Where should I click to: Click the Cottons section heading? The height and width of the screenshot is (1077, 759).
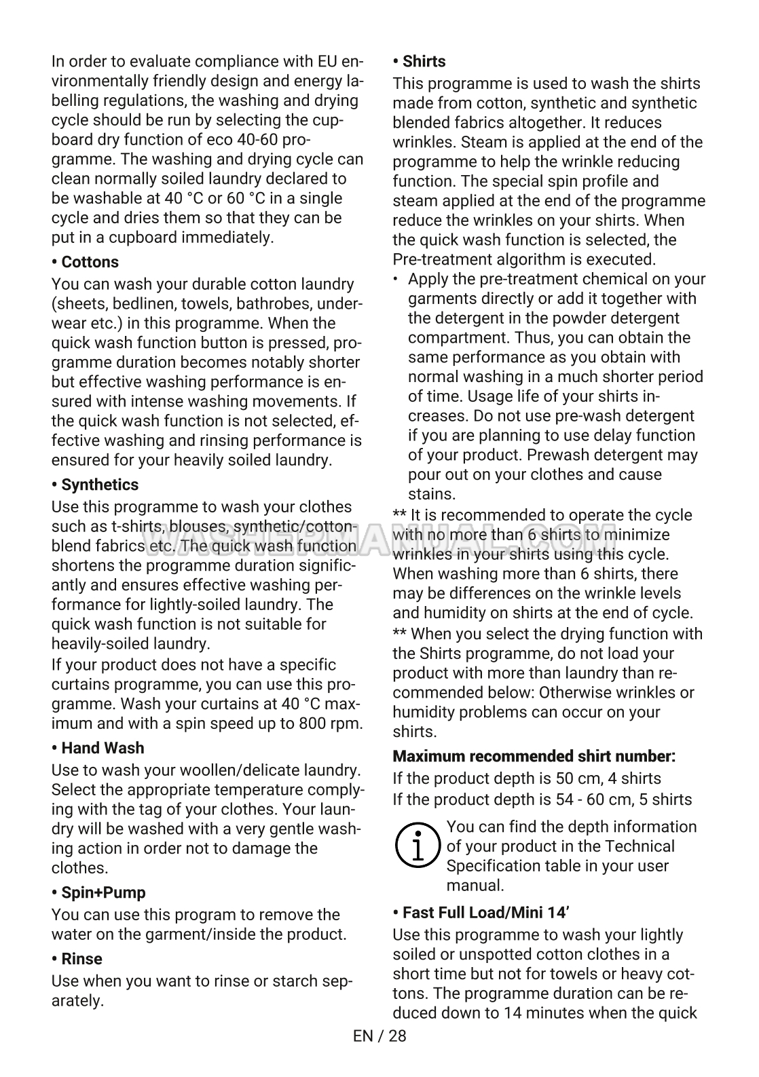[85, 262]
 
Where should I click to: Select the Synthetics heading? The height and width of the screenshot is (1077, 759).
[95, 485]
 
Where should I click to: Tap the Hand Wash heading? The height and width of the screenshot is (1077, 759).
[98, 748]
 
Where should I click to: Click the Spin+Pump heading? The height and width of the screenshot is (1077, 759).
[98, 892]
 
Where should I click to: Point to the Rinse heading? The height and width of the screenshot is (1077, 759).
[77, 959]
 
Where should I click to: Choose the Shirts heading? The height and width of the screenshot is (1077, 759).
[419, 61]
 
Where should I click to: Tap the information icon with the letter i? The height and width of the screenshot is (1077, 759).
[417, 846]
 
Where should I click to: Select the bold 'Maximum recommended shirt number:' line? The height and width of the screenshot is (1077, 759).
[534, 756]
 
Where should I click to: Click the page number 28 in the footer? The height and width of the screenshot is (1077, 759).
[397, 1036]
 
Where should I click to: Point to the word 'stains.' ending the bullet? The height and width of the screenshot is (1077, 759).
[431, 494]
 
